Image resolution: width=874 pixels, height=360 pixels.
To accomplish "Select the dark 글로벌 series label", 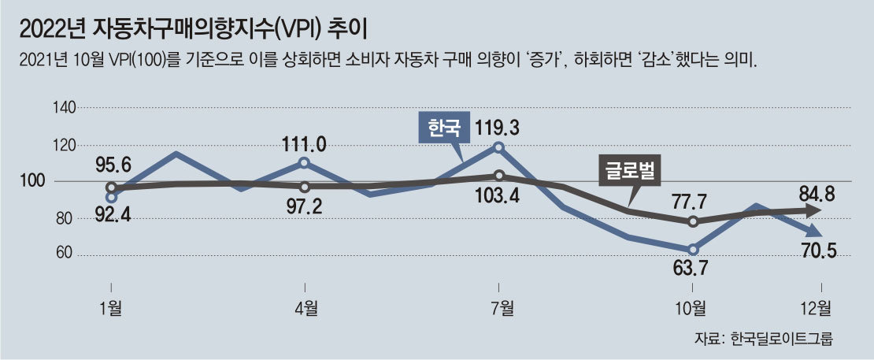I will [x=631, y=169].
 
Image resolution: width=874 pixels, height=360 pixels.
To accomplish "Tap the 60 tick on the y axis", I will [x=65, y=254].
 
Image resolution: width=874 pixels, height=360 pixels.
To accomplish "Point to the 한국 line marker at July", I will [x=498, y=147].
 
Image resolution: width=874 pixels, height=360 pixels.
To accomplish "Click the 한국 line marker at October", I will [x=693, y=249].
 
